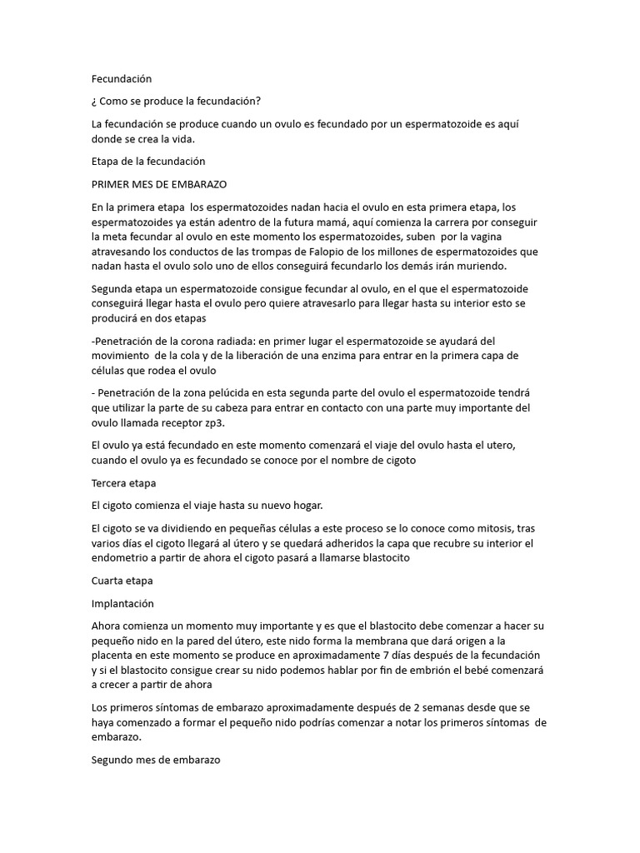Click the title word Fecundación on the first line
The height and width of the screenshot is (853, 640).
(x=122, y=78)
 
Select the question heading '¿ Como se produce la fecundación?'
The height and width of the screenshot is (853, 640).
(x=176, y=102)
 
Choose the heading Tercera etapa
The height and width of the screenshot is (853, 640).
(x=123, y=483)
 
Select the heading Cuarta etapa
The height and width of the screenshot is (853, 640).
(x=122, y=581)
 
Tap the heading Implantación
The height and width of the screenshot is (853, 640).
(x=122, y=604)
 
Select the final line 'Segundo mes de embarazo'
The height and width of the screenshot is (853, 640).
(x=155, y=761)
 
